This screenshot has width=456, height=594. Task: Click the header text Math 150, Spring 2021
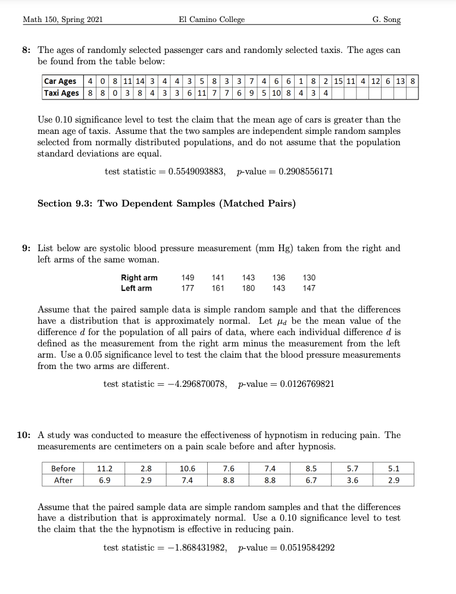(x=63, y=20)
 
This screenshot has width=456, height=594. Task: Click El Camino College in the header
(x=211, y=20)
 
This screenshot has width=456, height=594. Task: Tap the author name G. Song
(x=386, y=20)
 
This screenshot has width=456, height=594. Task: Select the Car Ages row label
(x=60, y=81)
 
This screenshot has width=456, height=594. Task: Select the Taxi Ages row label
(x=61, y=93)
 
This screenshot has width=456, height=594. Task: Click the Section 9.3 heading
(x=166, y=204)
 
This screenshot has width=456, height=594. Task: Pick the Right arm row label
(x=139, y=277)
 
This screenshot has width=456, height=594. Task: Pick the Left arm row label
(x=136, y=288)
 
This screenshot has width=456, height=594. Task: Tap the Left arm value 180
(x=248, y=288)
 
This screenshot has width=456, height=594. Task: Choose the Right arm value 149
(x=188, y=277)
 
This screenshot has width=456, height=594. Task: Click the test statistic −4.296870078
(x=197, y=383)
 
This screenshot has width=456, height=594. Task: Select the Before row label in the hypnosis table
(x=63, y=468)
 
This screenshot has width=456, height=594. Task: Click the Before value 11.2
(x=105, y=468)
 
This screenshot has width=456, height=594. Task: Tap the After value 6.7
(x=311, y=480)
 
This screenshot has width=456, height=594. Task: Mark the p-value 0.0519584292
(x=302, y=547)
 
